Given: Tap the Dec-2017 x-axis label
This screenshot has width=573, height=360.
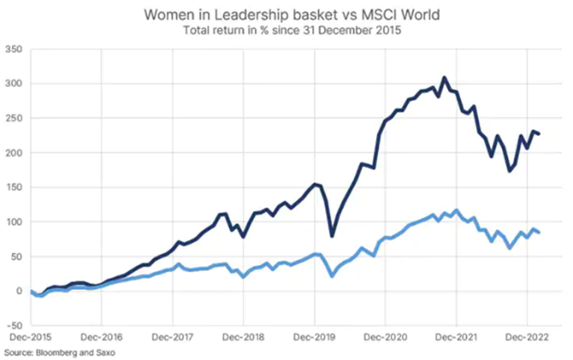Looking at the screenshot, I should pos(172,337).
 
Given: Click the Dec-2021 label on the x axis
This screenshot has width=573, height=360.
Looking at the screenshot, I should pos(456,337).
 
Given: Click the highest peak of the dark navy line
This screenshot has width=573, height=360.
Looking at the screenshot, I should pos(444,77).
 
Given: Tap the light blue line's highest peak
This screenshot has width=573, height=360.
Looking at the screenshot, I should pos(457,210).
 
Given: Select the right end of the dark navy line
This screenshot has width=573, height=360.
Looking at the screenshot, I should pos(539,133).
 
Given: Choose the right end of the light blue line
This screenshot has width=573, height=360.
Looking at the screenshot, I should pos(539,233).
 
